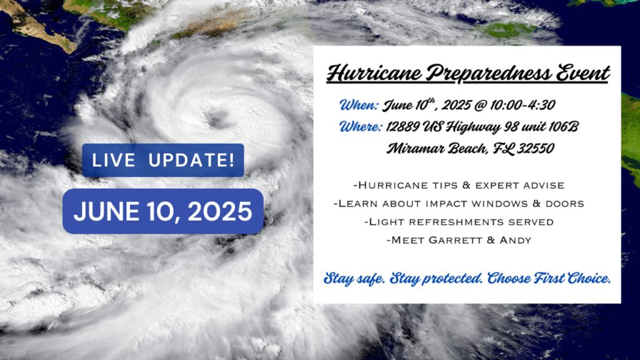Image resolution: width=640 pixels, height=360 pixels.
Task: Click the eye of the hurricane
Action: pos(217,119)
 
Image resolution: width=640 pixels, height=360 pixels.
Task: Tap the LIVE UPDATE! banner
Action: pos(163,160)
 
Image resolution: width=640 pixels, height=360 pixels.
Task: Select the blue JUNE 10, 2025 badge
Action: pos(163,211)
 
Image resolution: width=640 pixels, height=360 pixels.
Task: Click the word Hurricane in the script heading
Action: pos(374,74)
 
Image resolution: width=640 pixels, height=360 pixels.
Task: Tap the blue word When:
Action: pos(359,105)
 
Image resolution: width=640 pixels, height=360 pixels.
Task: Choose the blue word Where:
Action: pos(361,126)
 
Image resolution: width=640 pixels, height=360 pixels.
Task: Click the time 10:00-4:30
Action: pos(522,105)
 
